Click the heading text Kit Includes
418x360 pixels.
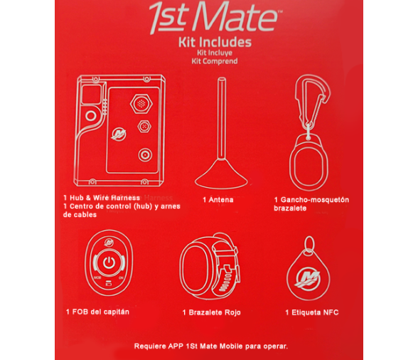pos(215,42)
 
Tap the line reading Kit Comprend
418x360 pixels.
pos(215,61)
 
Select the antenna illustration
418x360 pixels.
pos(221,133)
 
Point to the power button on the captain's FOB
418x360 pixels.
pos(109,263)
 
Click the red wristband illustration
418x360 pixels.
pos(210,265)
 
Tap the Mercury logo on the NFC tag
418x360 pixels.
pos(309,279)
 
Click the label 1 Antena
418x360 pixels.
pos(218,200)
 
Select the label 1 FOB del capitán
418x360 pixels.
pos(97,312)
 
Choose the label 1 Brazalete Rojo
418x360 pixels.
pos(211,312)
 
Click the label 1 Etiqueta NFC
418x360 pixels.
pos(312,312)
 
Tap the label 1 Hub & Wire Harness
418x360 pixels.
pos(102,198)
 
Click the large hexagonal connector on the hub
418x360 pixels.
pos(141,104)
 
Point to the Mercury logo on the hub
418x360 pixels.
pos(119,134)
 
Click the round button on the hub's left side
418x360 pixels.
pos(91,116)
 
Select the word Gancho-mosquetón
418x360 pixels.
pos(314,200)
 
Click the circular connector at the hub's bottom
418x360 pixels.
pos(145,155)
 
